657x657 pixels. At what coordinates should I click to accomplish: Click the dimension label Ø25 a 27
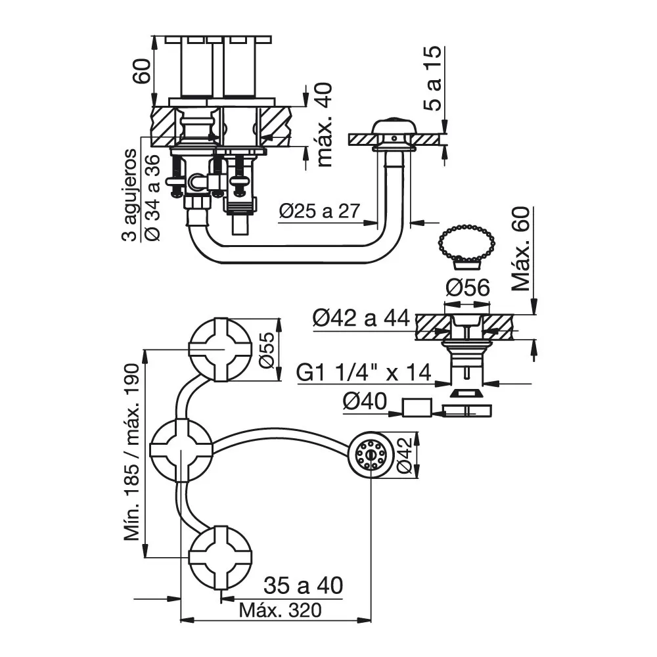(320, 211)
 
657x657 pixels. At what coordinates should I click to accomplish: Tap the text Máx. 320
(281, 610)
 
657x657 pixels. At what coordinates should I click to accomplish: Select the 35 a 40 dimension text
(304, 585)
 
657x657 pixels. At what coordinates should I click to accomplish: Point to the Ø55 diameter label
(267, 350)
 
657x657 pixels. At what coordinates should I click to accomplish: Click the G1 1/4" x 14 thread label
(364, 372)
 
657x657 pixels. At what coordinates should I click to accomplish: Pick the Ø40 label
(365, 401)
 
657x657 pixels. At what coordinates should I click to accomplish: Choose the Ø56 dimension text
(467, 288)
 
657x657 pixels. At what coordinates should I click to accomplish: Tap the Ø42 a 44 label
(361, 318)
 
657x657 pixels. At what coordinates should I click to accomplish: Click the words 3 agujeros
(129, 195)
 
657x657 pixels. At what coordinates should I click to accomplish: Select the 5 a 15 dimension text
(433, 78)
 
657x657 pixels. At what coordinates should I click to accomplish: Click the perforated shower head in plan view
(371, 454)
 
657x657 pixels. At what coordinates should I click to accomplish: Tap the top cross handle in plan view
(220, 350)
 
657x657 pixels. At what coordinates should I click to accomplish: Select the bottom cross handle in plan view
(220, 557)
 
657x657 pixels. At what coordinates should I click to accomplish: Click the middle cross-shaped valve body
(181, 451)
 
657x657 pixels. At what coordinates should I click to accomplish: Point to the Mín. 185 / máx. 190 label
(131, 453)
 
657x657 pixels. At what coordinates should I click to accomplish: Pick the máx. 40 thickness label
(325, 125)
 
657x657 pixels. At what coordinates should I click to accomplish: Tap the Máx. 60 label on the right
(521, 249)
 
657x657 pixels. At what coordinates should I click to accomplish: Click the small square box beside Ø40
(417, 408)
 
